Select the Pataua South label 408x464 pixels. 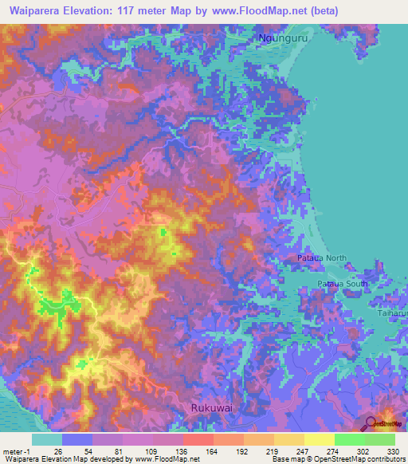point(343,283)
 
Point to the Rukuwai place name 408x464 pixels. point(213,407)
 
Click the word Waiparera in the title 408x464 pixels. point(37,11)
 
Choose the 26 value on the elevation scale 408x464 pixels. point(57,450)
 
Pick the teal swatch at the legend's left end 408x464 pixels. point(47,439)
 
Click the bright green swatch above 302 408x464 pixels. point(349,439)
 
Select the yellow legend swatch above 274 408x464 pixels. point(319,439)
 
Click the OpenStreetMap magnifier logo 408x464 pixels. point(372,423)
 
